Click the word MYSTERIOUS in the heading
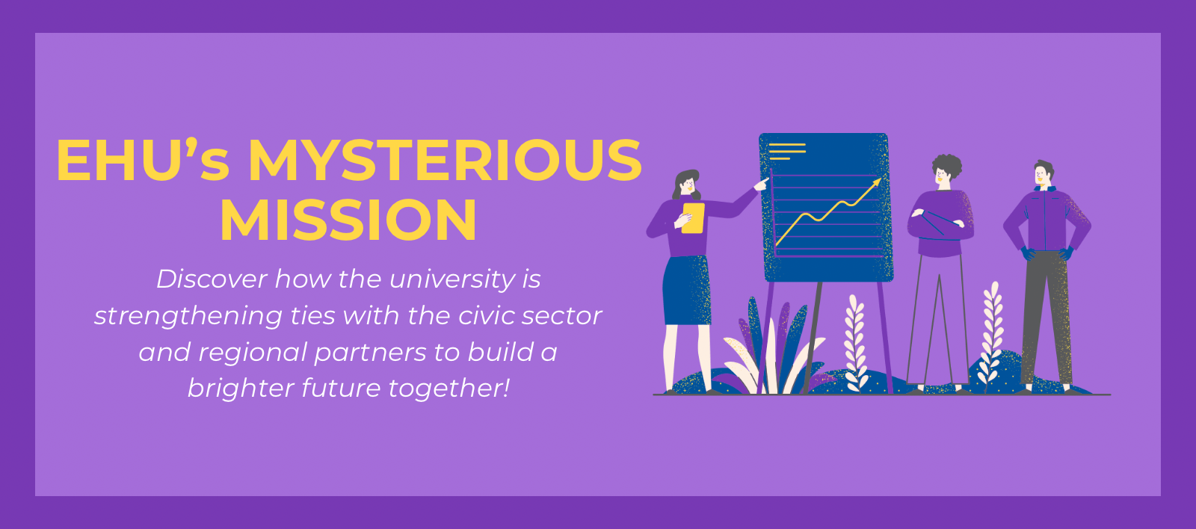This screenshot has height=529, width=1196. click(445, 161)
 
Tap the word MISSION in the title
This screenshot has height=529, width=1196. click(348, 220)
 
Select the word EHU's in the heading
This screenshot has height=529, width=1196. click(143, 161)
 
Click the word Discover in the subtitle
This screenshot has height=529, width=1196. click(211, 279)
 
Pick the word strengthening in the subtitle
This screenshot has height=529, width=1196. click(188, 316)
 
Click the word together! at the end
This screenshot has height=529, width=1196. click(449, 389)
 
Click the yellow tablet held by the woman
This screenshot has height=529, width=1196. click(693, 217)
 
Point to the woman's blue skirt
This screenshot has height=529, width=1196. click(687, 290)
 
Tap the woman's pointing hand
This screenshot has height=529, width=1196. click(762, 184)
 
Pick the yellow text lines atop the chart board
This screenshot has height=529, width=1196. click(787, 151)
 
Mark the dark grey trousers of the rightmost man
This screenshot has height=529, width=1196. click(1046, 318)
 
